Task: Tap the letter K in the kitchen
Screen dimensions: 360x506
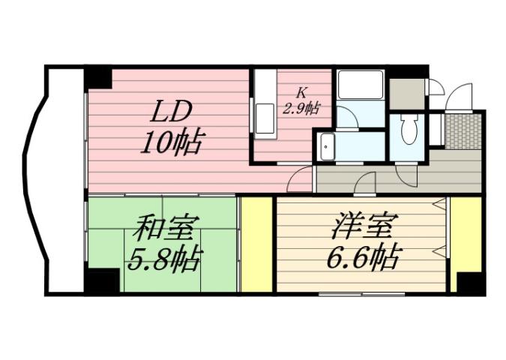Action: [301, 93]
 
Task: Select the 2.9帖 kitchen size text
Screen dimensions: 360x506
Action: [301, 108]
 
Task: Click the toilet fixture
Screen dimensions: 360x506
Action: [409, 130]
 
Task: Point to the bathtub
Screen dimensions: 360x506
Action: [359, 85]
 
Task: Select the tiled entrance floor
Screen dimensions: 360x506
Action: [462, 130]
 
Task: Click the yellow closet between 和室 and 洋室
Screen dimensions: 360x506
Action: [256, 244]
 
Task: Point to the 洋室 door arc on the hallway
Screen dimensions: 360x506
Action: [365, 184]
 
